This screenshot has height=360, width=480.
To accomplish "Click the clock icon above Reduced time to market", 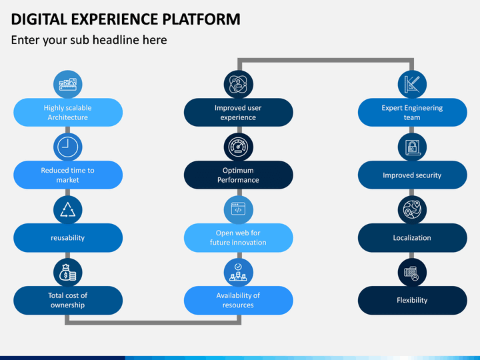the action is (67, 147).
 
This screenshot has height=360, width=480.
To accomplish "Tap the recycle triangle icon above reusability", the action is (67, 210).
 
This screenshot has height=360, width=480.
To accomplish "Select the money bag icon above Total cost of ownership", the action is (67, 273).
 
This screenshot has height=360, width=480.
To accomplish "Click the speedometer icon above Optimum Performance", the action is (238, 147).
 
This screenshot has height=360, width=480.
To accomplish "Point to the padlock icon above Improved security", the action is (412, 147).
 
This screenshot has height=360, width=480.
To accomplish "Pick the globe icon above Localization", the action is (412, 210).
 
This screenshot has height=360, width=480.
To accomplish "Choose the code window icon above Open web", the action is (238, 209).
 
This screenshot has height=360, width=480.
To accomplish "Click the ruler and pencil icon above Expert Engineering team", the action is (412, 84).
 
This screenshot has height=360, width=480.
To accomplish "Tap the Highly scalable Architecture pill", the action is (68, 113).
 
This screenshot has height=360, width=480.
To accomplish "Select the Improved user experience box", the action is (239, 113).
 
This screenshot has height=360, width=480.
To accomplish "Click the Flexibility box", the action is (413, 300).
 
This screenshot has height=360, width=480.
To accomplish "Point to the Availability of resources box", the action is (239, 300).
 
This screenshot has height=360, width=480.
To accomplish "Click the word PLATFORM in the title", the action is (201, 19).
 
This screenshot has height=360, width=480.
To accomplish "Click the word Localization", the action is (412, 238).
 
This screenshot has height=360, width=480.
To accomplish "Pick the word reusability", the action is (67, 238).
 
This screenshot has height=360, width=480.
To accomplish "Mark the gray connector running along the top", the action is (326, 60).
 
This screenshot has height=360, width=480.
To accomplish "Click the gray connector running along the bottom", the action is (153, 323).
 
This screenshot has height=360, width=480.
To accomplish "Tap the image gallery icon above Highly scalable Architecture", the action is (67, 84).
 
